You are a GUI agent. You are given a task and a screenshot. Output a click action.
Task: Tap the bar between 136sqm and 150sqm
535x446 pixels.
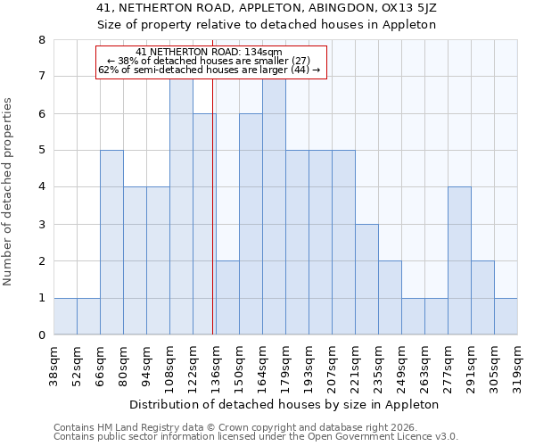coord(227,298)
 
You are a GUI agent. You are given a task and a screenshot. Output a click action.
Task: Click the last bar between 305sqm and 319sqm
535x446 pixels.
coord(506,317)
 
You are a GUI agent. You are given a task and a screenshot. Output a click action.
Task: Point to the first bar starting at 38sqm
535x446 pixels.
coord(65,317)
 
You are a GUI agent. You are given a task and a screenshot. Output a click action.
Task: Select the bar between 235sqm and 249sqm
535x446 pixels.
coord(390,298)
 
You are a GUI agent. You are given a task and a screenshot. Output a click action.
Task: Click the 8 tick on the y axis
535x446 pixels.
coord(41,40)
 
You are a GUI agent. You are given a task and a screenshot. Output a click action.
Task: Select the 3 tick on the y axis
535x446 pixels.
coord(41,225)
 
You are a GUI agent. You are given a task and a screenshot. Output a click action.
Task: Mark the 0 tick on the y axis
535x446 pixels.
coord(41,335)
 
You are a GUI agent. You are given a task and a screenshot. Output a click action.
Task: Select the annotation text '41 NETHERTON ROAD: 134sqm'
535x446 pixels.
coord(209,52)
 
